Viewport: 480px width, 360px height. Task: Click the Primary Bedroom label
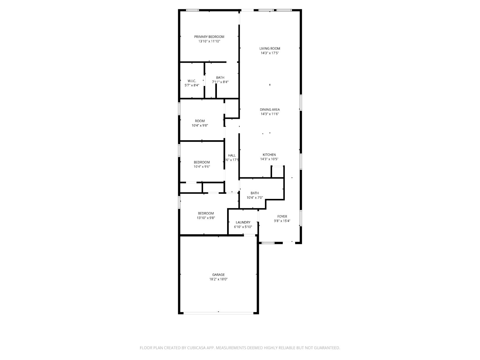[209, 37]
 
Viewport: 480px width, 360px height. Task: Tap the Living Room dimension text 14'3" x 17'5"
[270, 53]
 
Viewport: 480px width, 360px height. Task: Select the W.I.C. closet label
[192, 81]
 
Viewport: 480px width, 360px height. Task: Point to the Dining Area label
[270, 109]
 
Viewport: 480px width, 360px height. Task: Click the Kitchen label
[269, 155]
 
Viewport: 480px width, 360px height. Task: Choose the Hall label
[232, 155]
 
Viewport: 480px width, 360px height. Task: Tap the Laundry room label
[243, 223]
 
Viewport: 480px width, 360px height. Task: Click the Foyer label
[282, 216]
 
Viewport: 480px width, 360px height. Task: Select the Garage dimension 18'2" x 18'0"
[218, 279]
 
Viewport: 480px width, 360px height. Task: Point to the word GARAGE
[218, 275]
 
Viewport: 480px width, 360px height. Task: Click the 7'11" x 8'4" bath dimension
[220, 82]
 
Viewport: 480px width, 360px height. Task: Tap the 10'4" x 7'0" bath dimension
[255, 198]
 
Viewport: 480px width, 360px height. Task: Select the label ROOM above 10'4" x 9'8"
[200, 121]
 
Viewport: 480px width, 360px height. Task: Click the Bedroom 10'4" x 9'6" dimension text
[202, 166]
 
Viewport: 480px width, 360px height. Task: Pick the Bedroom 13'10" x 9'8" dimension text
[206, 218]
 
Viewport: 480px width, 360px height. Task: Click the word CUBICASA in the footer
[196, 348]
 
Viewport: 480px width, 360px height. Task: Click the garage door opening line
[218, 313]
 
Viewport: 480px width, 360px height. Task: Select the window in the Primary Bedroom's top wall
[192, 10]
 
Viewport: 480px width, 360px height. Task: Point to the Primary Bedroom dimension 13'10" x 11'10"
[209, 41]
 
